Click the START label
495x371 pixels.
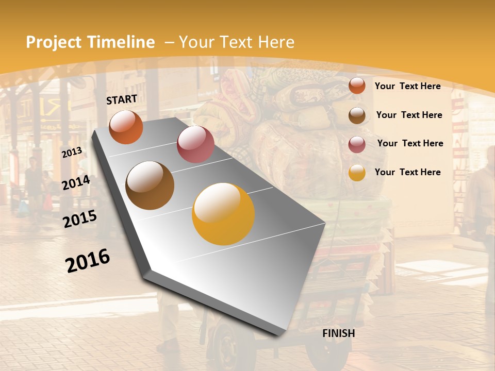[122, 99]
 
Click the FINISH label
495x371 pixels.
[338, 333]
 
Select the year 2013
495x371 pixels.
[72, 152]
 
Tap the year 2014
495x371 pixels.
[76, 183]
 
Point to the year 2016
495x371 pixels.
[88, 261]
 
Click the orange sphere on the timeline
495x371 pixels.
[126, 127]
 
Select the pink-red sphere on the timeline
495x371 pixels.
[195, 144]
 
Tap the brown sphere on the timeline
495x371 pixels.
[150, 185]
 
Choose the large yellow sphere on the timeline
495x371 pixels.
[223, 214]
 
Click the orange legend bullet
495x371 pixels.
[357, 86]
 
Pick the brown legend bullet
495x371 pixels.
[357, 115]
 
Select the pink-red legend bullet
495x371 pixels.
[357, 144]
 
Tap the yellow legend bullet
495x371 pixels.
[357, 173]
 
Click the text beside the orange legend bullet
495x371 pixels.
[407, 86]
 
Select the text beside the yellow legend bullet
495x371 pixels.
[407, 172]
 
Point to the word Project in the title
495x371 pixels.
[54, 42]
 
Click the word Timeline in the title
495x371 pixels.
[122, 42]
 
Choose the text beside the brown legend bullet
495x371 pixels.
[409, 115]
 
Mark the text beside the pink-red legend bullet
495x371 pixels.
[410, 143]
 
